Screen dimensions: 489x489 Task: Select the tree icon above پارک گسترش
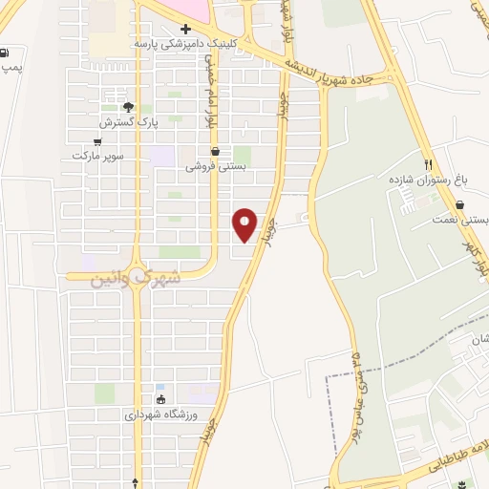pyautogui.click(x=128, y=107)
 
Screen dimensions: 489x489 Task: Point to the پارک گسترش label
pyautogui.click(x=127, y=123)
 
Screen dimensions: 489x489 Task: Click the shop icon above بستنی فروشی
pyautogui.click(x=215, y=150)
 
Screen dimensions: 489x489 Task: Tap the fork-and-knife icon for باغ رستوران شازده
pyautogui.click(x=430, y=164)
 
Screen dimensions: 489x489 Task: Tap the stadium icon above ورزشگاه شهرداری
pyautogui.click(x=160, y=399)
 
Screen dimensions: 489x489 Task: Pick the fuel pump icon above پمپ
pyautogui.click(x=8, y=53)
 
